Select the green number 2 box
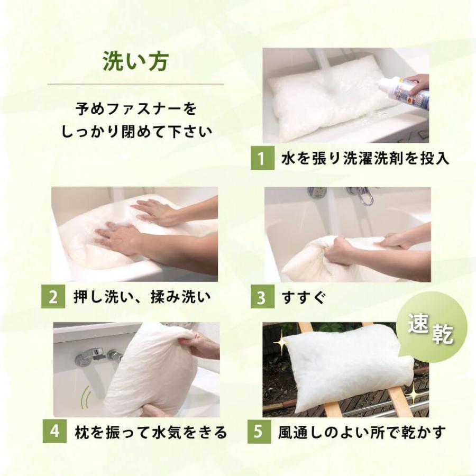[53, 297]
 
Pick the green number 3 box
[262, 297]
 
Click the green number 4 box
[54, 431]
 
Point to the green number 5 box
[259, 431]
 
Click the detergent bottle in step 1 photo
[404, 93]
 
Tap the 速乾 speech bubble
[432, 330]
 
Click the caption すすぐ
[304, 297]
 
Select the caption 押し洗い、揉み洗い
[142, 297]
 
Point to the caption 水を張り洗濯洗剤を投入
[365, 158]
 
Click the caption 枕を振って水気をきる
[151, 432]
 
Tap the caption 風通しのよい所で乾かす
[362, 432]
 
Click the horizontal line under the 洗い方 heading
[135, 84]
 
